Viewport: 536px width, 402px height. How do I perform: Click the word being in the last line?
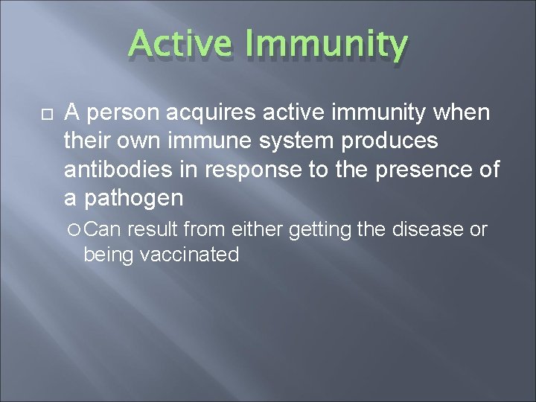(106, 256)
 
